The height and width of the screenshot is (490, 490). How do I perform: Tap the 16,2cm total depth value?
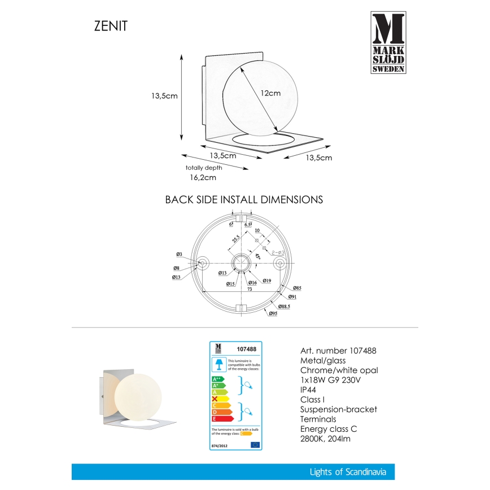click(203, 177)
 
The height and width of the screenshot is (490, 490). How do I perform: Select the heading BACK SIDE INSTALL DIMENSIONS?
click(243, 200)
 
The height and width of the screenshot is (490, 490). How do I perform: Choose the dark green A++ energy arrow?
click(217, 379)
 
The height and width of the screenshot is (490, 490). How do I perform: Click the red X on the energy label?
click(215, 398)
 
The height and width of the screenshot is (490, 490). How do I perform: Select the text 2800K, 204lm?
click(326, 438)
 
